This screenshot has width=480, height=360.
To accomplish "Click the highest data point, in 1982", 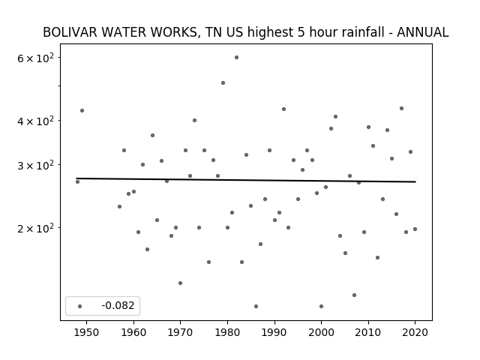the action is click(236, 58).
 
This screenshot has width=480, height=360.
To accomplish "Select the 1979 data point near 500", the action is click(223, 83).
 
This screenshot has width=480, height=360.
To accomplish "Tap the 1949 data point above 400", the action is click(82, 111).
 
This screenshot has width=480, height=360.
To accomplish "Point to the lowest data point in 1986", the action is click(256, 307).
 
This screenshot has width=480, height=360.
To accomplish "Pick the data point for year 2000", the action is click(321, 307).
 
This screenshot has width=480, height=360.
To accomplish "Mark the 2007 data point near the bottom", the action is click(354, 295).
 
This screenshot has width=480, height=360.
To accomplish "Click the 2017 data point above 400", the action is click(401, 108).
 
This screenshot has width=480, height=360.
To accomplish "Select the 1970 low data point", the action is click(180, 283).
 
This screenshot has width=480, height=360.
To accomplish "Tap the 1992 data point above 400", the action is click(283, 109).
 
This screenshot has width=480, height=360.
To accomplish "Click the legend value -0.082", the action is click(118, 305).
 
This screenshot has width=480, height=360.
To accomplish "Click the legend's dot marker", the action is click(79, 307).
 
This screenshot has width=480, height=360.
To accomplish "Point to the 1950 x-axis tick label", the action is click(87, 332).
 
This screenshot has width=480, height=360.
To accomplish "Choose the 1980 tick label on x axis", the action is click(227, 332).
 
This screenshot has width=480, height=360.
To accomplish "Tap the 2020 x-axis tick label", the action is click(415, 332).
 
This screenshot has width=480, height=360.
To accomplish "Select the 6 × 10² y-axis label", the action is click(35, 58).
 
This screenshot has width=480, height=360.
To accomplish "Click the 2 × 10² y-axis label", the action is click(35, 228).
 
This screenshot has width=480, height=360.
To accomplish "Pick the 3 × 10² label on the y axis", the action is click(35, 165).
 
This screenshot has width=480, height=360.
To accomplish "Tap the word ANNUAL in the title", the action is click(423, 32).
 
